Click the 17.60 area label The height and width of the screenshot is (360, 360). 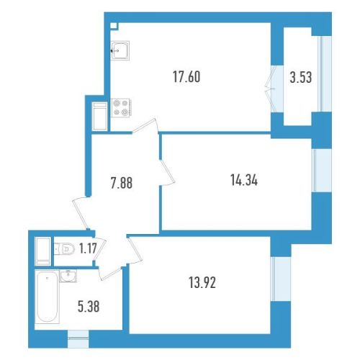[186, 77]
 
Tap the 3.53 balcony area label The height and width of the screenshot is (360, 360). [301, 77]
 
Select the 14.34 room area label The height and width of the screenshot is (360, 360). [244, 180]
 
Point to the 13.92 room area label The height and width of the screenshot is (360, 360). [202, 282]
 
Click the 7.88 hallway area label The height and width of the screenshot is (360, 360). [122, 183]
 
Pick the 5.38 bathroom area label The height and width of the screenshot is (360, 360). [89, 307]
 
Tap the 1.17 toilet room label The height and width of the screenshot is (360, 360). [88, 248]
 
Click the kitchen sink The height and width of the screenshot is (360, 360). [120, 50]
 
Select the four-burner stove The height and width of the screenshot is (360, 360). [121, 107]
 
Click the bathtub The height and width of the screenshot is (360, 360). [47, 296]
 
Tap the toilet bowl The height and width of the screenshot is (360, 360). [64, 249]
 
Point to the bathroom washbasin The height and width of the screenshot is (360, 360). [68, 276]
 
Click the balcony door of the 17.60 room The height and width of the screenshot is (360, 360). [274, 89]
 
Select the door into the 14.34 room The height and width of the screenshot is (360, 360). [167, 171]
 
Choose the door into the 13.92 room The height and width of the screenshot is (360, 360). [135, 251]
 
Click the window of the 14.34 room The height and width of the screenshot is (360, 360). [322, 170]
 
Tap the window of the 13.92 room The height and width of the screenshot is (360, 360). [281, 279]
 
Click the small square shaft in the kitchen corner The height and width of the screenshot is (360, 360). [114, 26]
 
